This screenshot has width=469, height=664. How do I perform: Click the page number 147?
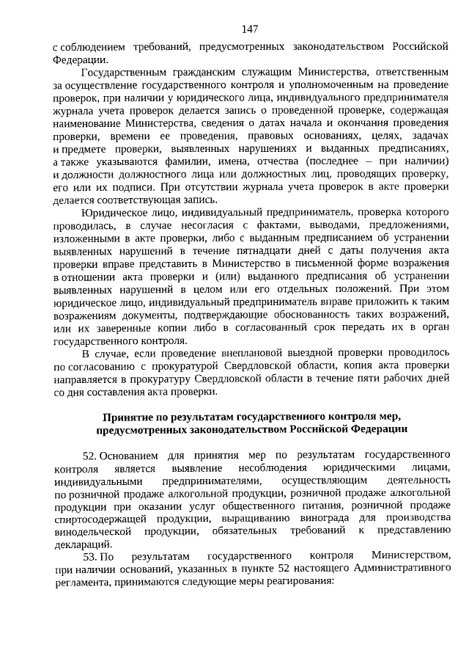(x=249, y=29)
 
